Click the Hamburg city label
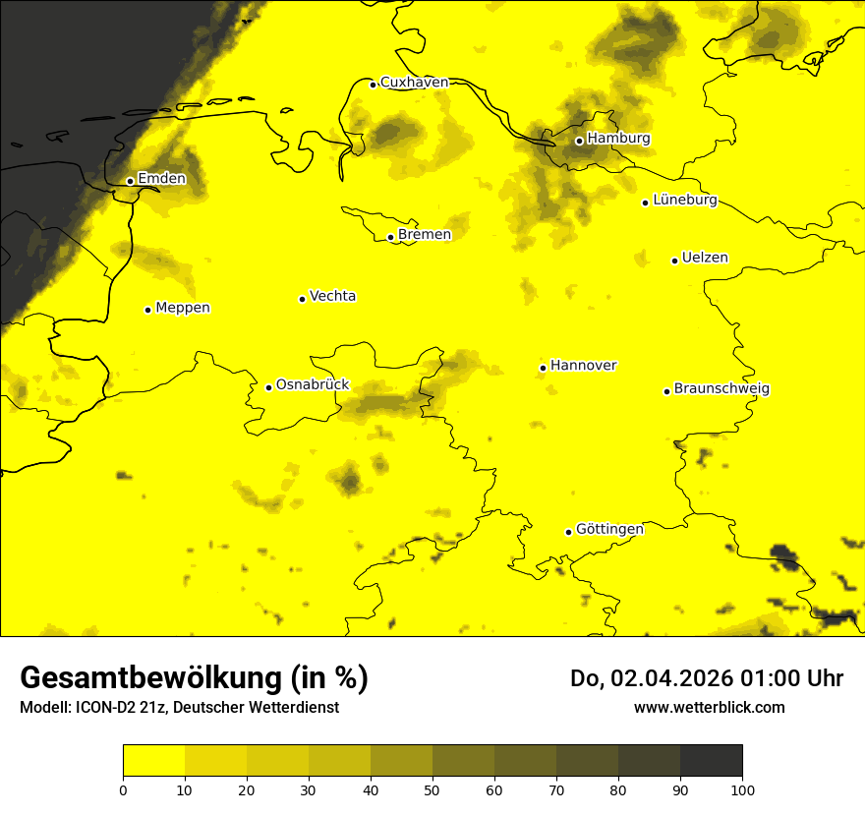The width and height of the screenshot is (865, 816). point(618,139)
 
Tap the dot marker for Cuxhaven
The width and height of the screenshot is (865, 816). point(373,85)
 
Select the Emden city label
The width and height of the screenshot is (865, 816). point(161,179)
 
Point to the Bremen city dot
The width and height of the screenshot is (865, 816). point(390,237)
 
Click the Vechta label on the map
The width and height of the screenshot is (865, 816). point(332,296)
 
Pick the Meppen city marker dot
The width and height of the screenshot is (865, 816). point(147,310)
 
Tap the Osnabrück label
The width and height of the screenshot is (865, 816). point(313,385)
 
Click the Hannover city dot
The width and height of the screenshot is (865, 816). point(543,369)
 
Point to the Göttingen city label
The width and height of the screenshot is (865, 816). point(609,530)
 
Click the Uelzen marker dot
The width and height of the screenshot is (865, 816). point(674,261)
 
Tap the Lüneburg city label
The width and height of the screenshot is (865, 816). point(685,201)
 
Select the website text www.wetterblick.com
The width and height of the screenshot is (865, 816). point(709,707)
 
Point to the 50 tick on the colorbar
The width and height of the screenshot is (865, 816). point(432,789)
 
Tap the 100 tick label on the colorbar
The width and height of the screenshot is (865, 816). point(742,789)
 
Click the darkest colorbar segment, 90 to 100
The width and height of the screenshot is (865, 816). point(711,760)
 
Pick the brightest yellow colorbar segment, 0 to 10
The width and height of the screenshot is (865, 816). point(153,760)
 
